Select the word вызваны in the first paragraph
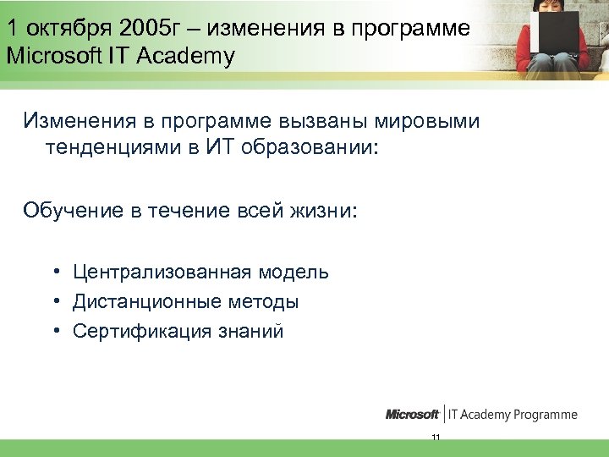(297, 121)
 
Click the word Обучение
(74, 209)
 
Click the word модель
(294, 273)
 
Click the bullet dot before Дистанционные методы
(53, 302)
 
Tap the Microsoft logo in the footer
(412, 415)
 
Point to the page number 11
(436, 438)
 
